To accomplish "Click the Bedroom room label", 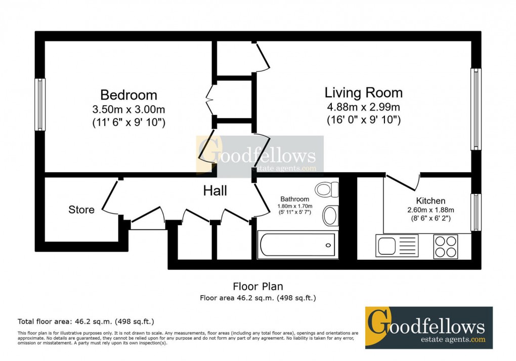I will coord(128,95).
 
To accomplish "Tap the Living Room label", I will coord(363,93).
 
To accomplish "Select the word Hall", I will coord(215,191).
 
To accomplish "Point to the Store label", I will coord(81,210).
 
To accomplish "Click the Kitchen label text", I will coord(431,201).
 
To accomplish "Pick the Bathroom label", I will coord(295,199).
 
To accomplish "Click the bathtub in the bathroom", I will coord(297,245).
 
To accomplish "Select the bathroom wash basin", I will coord(330,215).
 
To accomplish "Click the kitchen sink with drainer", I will coord(397,246).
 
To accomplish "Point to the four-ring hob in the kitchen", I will coord(445,246).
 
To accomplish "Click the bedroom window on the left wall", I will coord(39,104).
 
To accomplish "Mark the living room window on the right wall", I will coord(476,109).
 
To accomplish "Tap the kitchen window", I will coord(476,212).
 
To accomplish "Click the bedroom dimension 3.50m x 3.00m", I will coord(128,109).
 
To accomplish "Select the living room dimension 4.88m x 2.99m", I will coord(363,107).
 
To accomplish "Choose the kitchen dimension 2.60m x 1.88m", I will coord(431,210).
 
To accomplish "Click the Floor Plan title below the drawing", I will coord(258,287).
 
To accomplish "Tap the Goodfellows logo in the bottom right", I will coord(428,328).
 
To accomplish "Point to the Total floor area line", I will coord(86,321).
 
